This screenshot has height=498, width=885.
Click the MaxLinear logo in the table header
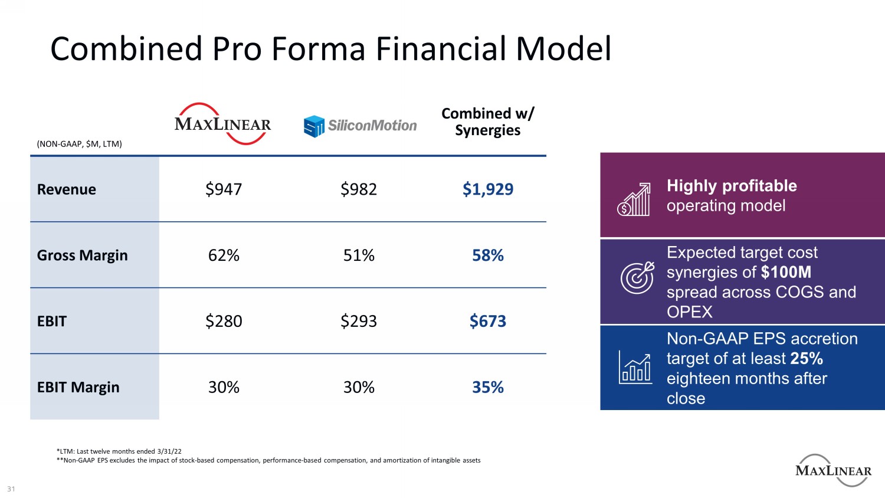[223, 124]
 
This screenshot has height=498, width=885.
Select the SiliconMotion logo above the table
[360, 126]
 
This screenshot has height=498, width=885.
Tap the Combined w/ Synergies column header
[487, 122]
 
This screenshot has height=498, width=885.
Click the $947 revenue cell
[224, 189]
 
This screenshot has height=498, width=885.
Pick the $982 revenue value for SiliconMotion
[359, 189]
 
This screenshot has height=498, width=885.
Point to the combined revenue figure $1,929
[488, 189]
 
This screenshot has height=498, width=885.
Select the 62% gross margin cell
[224, 255]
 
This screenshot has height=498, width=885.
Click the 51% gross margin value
[359, 255]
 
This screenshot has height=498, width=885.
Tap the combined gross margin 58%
[488, 255]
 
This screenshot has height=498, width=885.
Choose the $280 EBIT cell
[224, 322]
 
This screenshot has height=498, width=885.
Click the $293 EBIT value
[359, 322]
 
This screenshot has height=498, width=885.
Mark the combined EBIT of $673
[488, 322]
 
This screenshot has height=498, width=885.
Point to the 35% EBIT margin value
[488, 388]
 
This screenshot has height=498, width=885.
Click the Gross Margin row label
[82, 255]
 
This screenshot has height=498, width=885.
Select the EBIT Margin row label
[78, 388]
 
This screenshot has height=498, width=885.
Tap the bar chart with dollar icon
[634, 199]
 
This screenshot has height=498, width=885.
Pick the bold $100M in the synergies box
[786, 273]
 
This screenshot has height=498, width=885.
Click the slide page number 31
[11, 489]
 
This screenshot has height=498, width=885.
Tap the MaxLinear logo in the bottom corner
[833, 470]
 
